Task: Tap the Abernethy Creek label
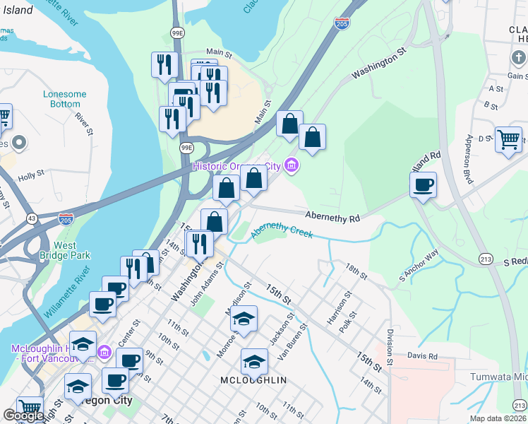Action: coord(282,230)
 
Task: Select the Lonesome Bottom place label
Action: coord(65,99)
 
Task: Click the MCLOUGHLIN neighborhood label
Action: coord(253,380)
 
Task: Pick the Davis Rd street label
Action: coord(422,356)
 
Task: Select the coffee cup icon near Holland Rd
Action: coord(423,185)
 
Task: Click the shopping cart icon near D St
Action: coord(508,139)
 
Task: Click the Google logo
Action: coord(23,416)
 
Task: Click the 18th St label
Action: coord(357,271)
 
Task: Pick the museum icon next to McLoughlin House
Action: coord(103,351)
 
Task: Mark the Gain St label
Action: coord(517,76)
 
